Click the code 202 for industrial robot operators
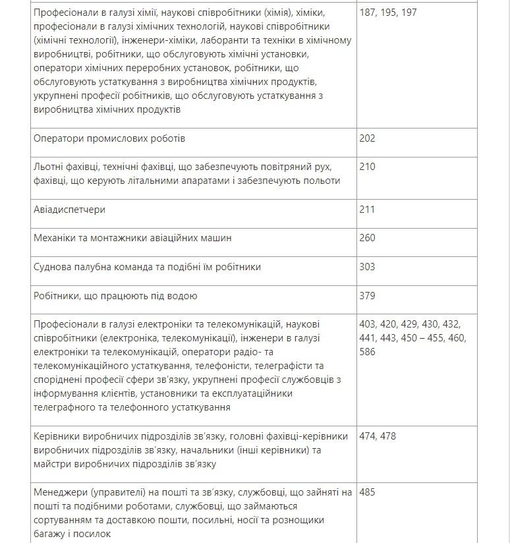pyautogui.click(x=368, y=138)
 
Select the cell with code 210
pyautogui.click(x=368, y=167)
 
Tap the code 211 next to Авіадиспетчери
pyautogui.click(x=368, y=210)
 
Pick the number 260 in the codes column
pyautogui.click(x=368, y=238)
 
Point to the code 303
pyautogui.click(x=368, y=267)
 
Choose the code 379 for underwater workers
pyautogui.click(x=368, y=296)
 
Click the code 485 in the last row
pyautogui.click(x=368, y=492)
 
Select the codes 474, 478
pyautogui.click(x=378, y=436)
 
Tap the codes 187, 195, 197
pyautogui.click(x=388, y=13)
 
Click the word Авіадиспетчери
pyautogui.click(x=69, y=210)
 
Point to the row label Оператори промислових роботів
pyautogui.click(x=109, y=138)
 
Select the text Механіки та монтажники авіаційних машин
pyautogui.click(x=132, y=238)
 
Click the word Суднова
pyautogui.click(x=53, y=267)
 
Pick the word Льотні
pyautogui.click(x=49, y=167)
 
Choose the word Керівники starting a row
pyautogui.click(x=57, y=436)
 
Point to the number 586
pyautogui.click(x=368, y=352)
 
